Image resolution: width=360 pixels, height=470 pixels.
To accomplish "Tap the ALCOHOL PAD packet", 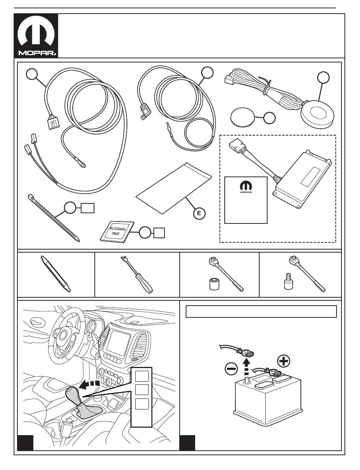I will [117, 232].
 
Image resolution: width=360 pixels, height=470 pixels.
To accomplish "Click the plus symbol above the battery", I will [283, 361].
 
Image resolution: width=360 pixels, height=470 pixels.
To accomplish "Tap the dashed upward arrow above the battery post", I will [246, 367].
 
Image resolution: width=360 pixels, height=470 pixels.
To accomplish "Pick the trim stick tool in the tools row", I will [56, 274].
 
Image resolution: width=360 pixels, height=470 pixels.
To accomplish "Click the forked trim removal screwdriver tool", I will [138, 276].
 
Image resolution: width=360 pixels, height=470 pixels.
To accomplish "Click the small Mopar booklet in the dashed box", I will [246, 200].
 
